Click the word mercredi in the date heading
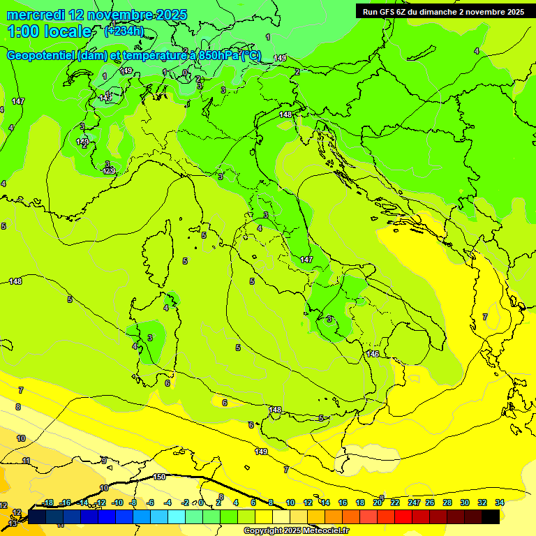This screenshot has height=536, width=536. [x=36, y=15]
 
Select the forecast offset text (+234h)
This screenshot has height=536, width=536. [x=124, y=31]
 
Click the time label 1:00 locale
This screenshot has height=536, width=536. [x=49, y=31]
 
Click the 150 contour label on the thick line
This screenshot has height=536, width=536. [x=159, y=477]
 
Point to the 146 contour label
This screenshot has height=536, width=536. [x=373, y=354]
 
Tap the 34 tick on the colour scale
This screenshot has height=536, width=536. [x=500, y=502]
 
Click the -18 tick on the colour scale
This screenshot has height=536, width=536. [x=47, y=502]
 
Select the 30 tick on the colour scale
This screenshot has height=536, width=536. [x=465, y=502]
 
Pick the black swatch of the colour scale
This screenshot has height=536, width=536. [x=491, y=516]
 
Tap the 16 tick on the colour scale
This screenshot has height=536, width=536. [x=343, y=502]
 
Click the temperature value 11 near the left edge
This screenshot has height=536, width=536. [x=26, y=461]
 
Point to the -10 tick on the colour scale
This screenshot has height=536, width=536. [x=117, y=502]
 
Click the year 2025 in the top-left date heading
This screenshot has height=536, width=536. [x=171, y=15]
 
